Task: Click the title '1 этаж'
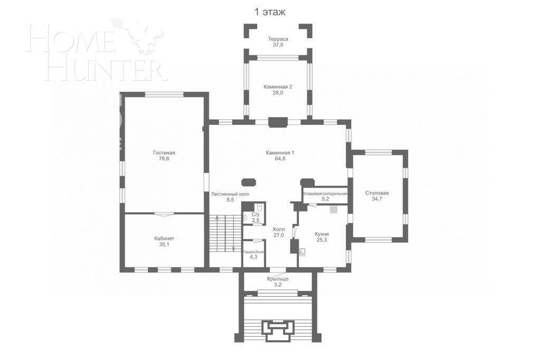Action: click(270, 12)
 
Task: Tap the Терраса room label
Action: click(277, 39)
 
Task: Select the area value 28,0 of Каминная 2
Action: click(277, 93)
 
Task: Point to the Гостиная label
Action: click(164, 152)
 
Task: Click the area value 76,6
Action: click(164, 159)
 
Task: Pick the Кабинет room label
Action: click(164, 238)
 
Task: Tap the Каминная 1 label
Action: click(279, 152)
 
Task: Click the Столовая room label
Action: click(377, 193)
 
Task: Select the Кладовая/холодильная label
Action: click(325, 193)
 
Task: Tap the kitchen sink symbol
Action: click(303, 251)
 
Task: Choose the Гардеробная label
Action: click(253, 251)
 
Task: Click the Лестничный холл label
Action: click(230, 194)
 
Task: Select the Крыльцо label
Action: click(277, 278)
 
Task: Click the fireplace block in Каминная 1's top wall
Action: click(277, 122)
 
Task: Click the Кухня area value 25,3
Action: click(322, 240)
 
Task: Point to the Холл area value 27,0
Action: click(278, 235)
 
